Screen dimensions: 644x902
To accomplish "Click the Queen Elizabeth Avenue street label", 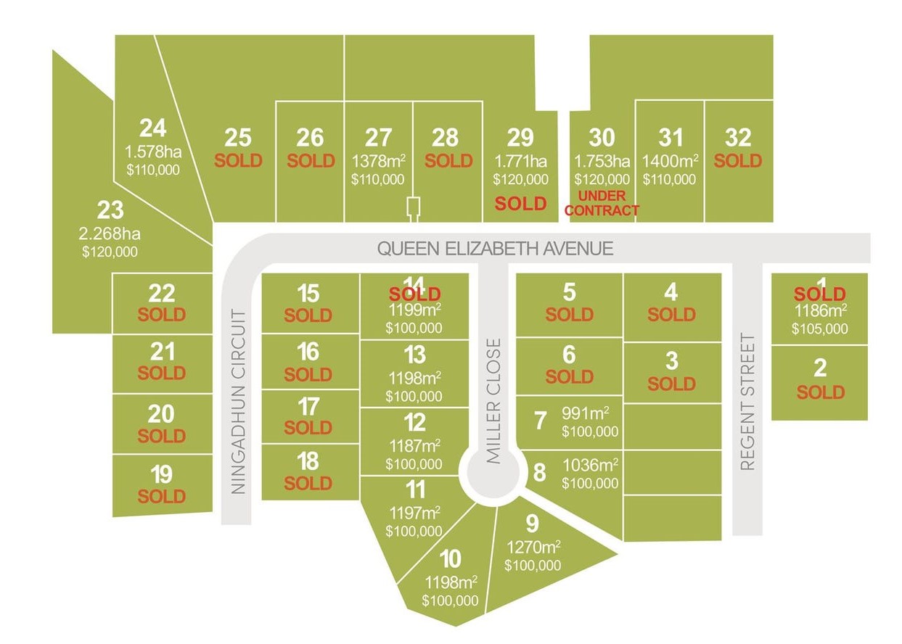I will click(495, 249).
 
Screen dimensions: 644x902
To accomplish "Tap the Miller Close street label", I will click(494, 400).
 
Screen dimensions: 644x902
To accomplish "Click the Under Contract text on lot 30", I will click(602, 203).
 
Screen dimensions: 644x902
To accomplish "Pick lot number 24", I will click(152, 129).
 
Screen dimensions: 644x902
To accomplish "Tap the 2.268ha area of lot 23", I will click(110, 234).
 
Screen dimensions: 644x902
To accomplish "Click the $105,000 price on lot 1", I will click(820, 329).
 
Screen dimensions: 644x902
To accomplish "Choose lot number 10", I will click(450, 559).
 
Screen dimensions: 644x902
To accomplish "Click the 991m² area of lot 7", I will click(586, 413).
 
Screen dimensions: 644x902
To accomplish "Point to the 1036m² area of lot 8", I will click(591, 463).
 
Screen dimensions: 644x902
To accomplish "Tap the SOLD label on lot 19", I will click(161, 497).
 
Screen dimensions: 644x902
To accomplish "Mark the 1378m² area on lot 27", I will click(378, 160).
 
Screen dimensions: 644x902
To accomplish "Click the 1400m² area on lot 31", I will click(670, 160).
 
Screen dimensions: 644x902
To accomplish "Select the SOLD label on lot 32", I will click(738, 160).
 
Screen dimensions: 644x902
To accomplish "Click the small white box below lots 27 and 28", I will click(413, 208).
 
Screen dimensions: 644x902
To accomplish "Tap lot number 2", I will click(820, 368).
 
